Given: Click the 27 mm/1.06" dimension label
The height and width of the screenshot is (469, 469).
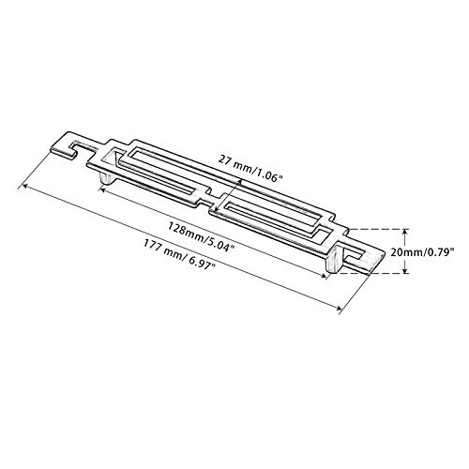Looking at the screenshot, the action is (251, 169).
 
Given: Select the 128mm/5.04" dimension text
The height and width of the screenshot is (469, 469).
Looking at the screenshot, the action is (202, 236).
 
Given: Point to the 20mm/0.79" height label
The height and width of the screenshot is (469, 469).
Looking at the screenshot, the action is (422, 252).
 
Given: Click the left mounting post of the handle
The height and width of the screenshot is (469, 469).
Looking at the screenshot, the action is (107, 178).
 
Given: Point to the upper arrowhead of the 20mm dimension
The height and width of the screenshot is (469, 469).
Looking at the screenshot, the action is (405, 232).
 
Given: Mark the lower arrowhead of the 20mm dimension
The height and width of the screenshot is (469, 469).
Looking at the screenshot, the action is (405, 270).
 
